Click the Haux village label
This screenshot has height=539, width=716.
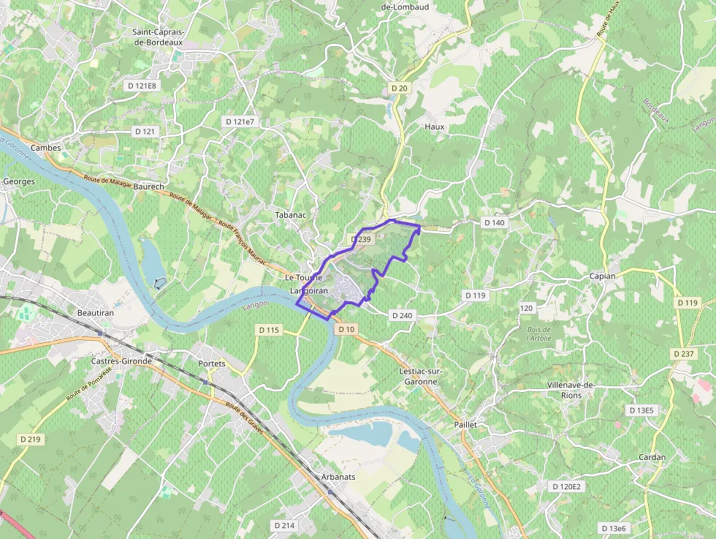434,127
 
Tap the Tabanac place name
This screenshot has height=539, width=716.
289,216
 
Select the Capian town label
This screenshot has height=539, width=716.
603,276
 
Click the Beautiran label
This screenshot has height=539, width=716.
95,313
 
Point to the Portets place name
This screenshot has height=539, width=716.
212,363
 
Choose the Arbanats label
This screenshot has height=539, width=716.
338,477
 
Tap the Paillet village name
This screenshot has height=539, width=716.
465,424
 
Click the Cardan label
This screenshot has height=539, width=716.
652,457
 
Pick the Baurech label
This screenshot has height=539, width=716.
149,187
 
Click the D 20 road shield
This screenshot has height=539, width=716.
399,88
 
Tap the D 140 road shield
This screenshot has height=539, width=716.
495,222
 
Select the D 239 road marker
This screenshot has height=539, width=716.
361,239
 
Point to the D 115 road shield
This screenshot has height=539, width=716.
269,331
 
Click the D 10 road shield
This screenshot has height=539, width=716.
346,330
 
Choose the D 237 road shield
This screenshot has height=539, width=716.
684,353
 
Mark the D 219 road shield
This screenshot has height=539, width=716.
31,440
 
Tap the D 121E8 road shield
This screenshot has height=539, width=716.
142,86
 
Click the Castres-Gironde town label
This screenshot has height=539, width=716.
121,361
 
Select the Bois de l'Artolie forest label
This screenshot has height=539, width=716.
538,334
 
